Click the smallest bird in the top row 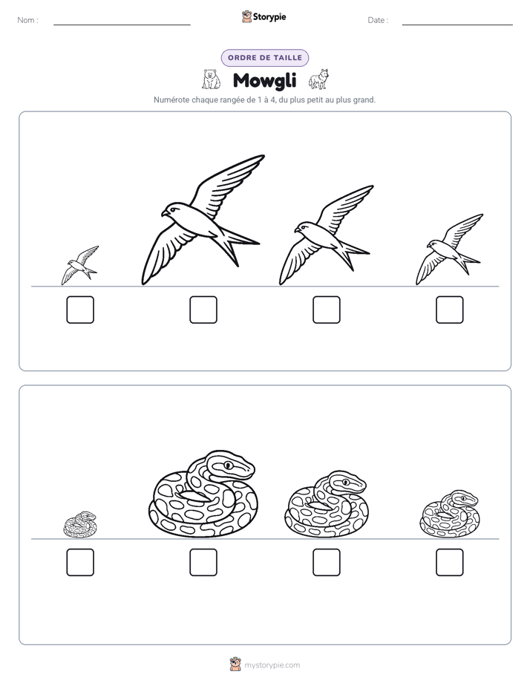[79, 265]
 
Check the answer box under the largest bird [203, 310]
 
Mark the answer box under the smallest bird [80, 310]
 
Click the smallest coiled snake [80, 525]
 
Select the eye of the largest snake [228, 465]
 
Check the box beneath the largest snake [203, 562]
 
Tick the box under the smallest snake [80, 562]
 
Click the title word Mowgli [264, 80]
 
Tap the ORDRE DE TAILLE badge [265, 58]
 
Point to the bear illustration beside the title [212, 79]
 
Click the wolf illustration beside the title [318, 79]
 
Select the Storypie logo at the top [264, 16]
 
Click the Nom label [27, 20]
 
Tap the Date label [378, 20]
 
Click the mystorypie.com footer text [272, 665]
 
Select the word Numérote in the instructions [171, 99]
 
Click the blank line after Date [457, 24]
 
